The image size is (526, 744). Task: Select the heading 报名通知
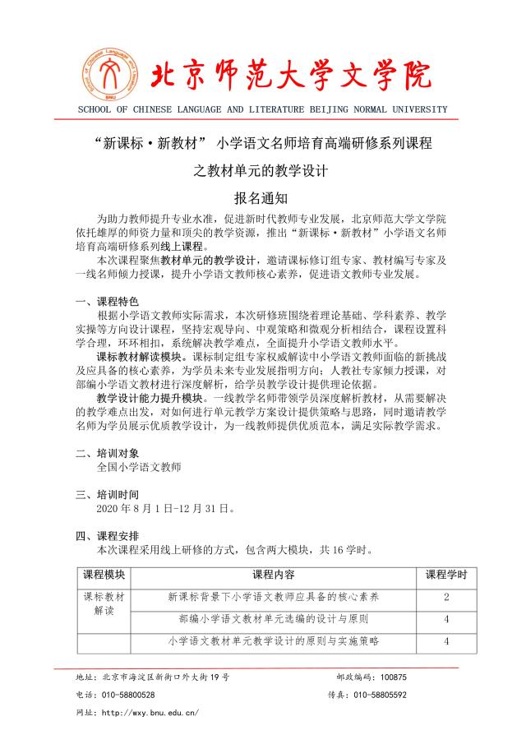pos(261,197)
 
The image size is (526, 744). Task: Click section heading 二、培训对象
pos(108,452)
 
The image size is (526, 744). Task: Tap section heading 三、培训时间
pos(108,494)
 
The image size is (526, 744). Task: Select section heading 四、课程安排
pos(108,536)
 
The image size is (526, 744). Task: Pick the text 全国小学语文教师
pos(138,466)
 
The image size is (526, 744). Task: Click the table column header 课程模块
pos(104,574)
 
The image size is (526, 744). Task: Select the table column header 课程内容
pos(274,574)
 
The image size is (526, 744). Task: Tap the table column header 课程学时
pos(445,574)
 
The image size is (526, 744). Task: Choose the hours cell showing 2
pos(445,597)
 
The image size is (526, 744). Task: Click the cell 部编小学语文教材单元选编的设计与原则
pos(274,618)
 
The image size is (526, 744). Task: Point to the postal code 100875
pos(389,677)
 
